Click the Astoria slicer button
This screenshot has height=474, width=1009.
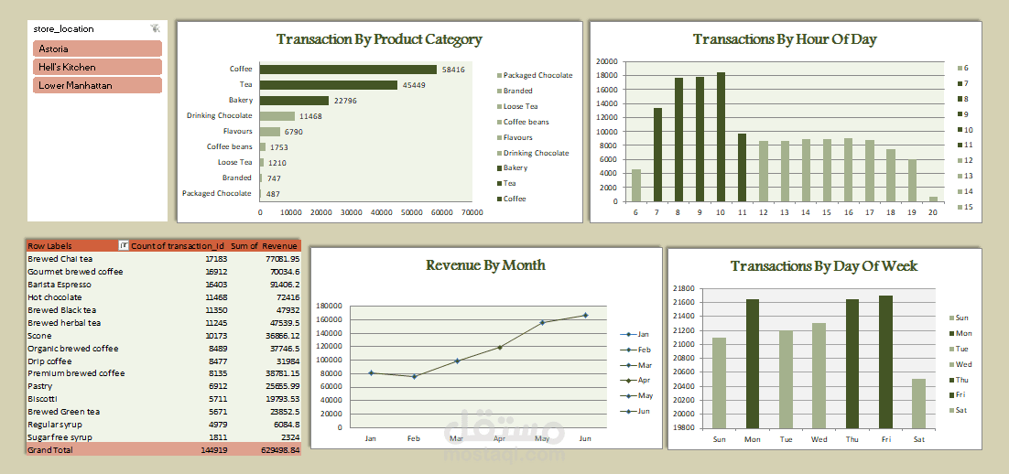[x=97, y=48]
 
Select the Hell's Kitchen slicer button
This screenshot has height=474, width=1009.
[x=97, y=67]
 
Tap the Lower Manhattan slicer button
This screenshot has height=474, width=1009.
[x=97, y=85]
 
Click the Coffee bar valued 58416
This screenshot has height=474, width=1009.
[x=348, y=70]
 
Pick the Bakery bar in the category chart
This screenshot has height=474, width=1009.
[x=294, y=101]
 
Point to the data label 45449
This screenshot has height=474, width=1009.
[x=414, y=85]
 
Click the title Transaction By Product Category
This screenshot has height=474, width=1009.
[x=379, y=39]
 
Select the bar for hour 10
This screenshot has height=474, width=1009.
[x=721, y=136]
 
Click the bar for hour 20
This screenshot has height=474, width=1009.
[x=933, y=199]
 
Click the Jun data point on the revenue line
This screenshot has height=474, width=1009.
[x=585, y=315]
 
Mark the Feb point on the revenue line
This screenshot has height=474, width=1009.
[x=413, y=376]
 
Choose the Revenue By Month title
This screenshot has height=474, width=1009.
[x=485, y=265]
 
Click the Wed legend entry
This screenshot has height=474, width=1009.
[x=961, y=364]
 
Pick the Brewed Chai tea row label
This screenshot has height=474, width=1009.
[x=64, y=259]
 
